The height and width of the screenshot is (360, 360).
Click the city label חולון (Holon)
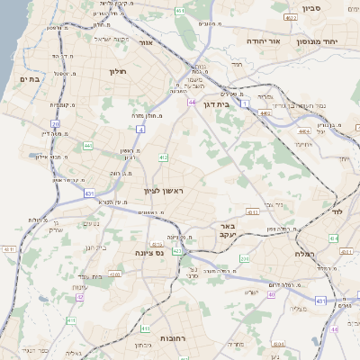click(118, 71)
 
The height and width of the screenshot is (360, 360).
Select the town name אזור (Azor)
click(170, 42)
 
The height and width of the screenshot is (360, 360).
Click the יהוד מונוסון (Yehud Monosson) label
click(336, 41)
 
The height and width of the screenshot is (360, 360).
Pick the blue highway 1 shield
click(243, 104)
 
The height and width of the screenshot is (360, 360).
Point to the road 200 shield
click(244, 258)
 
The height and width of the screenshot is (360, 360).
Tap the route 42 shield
click(80, 297)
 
